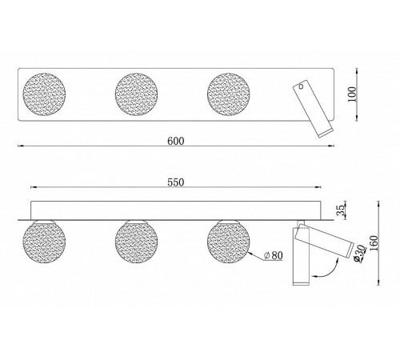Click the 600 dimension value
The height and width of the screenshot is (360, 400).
click(x=176, y=141)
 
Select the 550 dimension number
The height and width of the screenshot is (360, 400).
click(x=176, y=182)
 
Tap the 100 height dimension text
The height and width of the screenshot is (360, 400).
click(x=352, y=94)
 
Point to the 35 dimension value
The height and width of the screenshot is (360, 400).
click(x=340, y=210)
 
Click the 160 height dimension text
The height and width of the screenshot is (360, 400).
click(x=374, y=243)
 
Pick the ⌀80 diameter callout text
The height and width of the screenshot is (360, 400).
click(x=273, y=255)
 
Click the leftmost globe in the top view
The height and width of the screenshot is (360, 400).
click(x=44, y=94)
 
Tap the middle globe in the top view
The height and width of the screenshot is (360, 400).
click(x=136, y=94)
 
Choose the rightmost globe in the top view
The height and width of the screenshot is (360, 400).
click(x=229, y=94)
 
